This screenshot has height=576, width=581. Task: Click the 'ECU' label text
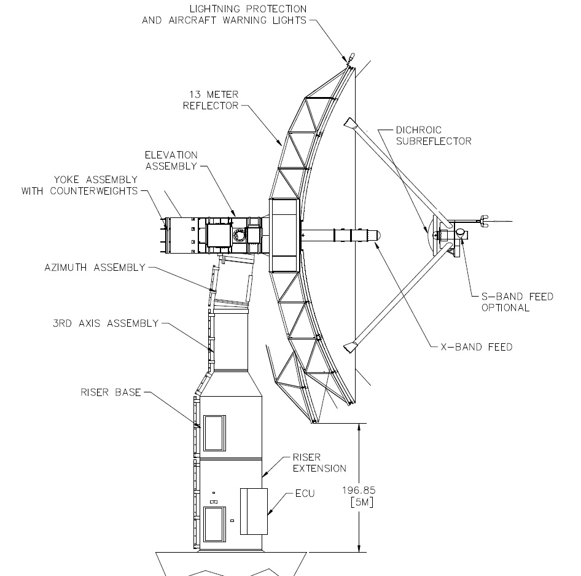pyautogui.click(x=305, y=493)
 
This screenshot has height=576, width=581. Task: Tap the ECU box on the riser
pyautogui.click(x=254, y=511)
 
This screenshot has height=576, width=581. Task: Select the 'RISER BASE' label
pyautogui.click(x=111, y=392)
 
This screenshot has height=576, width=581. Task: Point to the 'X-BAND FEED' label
pyautogui.click(x=477, y=347)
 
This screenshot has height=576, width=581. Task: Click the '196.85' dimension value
pyautogui.click(x=359, y=490)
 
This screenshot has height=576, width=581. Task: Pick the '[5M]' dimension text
pyautogui.click(x=362, y=502)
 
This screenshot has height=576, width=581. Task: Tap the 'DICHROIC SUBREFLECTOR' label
pyautogui.click(x=434, y=136)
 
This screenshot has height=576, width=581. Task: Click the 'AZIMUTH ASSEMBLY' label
pyautogui.click(x=95, y=268)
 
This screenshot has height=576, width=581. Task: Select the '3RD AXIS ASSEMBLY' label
pyautogui.click(x=106, y=324)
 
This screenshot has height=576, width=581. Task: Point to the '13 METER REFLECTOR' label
pyautogui.click(x=211, y=100)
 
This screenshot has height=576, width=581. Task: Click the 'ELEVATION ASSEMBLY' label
pyautogui.click(x=171, y=160)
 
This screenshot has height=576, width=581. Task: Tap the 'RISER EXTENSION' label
pyautogui.click(x=319, y=462)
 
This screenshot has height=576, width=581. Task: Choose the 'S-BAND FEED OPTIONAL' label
pyautogui.click(x=517, y=302)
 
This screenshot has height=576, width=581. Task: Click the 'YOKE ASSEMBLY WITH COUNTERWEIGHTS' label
pyautogui.click(x=80, y=185)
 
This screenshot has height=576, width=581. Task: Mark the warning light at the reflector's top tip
pyautogui.click(x=351, y=58)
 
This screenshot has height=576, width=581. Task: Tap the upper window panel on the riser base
pyautogui.click(x=214, y=433)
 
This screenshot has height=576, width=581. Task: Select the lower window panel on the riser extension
pyautogui.click(x=214, y=524)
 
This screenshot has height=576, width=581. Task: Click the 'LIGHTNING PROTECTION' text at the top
pyautogui.click(x=248, y=9)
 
